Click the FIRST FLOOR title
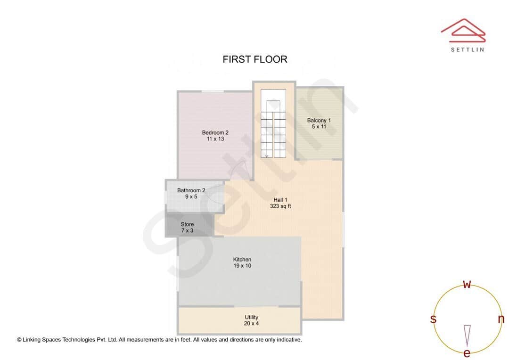[254, 59]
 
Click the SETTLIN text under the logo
[467, 49]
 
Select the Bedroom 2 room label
[215, 132]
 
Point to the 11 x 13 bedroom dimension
[215, 139]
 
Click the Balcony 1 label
[319, 120]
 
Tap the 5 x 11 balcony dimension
[319, 127]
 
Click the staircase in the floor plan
[273, 130]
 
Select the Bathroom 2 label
[191, 190]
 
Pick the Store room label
[187, 224]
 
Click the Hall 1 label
[280, 199]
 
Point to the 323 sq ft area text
[280, 206]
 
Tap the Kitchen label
[242, 259]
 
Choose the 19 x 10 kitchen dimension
[242, 266]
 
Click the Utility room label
[251, 317]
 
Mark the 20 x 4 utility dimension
[251, 324]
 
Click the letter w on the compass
[467, 284]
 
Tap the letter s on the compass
[433, 319]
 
